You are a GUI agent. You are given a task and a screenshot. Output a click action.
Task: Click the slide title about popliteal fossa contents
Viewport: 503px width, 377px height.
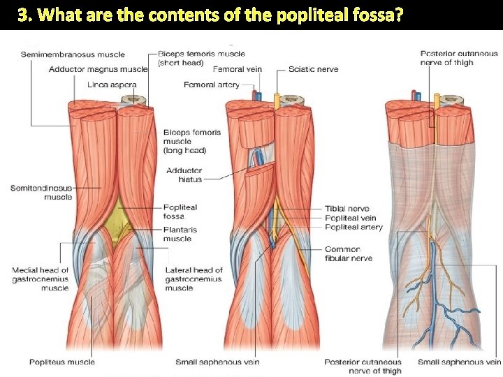pyautogui.click(x=210, y=15)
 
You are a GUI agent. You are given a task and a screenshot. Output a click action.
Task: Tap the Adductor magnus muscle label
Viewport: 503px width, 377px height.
pyautogui.click(x=99, y=69)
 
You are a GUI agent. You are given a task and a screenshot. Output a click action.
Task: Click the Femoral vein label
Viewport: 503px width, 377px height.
pyautogui.click(x=238, y=69)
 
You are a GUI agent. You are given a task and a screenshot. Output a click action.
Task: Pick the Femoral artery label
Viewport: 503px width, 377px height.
pyautogui.click(x=211, y=84)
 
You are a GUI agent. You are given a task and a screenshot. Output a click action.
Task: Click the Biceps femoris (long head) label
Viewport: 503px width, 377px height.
pyautogui.click(x=191, y=141)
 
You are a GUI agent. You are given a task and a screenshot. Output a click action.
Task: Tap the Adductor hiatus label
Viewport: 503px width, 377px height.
pyautogui.click(x=184, y=175)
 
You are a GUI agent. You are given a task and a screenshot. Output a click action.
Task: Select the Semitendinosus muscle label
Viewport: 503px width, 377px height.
pyautogui.click(x=41, y=192)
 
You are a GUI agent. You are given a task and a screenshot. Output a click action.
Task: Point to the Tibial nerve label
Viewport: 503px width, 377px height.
pyautogui.click(x=347, y=209)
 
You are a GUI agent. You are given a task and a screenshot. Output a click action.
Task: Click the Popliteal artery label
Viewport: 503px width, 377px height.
pyautogui.click(x=353, y=228)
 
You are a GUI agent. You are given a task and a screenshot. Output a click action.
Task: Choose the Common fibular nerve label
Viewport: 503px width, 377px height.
pyautogui.click(x=348, y=253)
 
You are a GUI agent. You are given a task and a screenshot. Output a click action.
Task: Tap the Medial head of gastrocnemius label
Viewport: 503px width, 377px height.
pyautogui.click(x=41, y=279)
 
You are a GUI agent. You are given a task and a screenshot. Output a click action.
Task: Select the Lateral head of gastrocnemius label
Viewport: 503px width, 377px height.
pyautogui.click(x=194, y=279)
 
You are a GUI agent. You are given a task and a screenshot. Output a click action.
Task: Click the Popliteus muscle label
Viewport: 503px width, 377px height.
pyautogui.click(x=61, y=362)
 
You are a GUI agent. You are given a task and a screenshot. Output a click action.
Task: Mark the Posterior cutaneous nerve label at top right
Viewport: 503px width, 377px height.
pyautogui.click(x=459, y=58)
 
